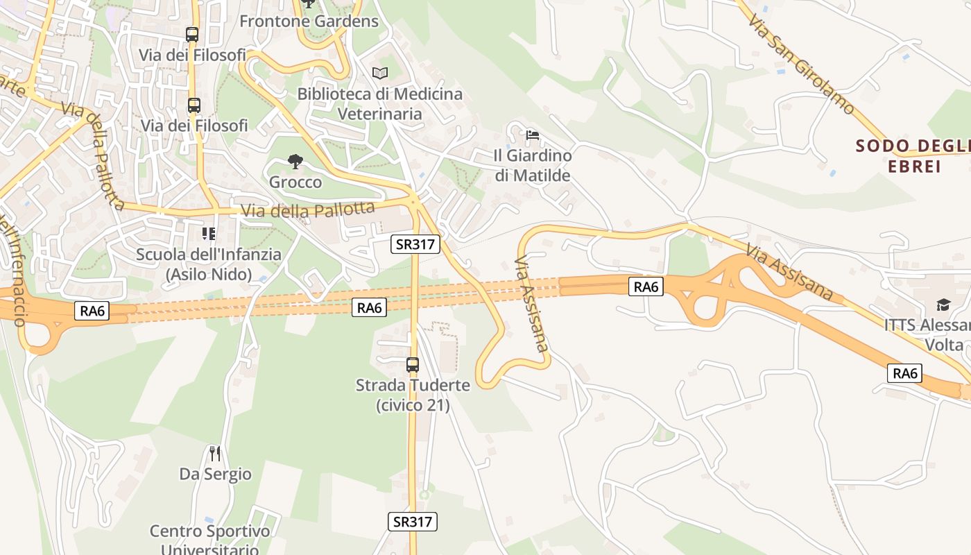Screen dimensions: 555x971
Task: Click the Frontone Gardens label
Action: [309, 21]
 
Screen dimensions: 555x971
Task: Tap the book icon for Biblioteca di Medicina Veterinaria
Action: [379, 73]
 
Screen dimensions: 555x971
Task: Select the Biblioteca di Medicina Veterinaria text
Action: [379, 103]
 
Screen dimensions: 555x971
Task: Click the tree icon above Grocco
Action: [295, 162]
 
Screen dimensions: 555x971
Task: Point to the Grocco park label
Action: [295, 182]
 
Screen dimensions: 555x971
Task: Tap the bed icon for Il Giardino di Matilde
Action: [533, 135]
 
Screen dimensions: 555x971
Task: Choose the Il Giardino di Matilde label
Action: [533, 165]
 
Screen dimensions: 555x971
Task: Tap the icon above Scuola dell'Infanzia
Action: [209, 234]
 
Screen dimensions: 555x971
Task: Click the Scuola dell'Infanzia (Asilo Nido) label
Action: [209, 264]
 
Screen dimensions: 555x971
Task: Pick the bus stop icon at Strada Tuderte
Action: [413, 364]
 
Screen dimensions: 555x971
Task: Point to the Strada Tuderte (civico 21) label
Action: [413, 395]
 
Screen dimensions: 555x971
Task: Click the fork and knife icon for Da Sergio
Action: [215, 454]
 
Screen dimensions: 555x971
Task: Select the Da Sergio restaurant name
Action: [215, 475]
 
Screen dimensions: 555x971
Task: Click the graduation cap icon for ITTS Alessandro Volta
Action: [943, 305]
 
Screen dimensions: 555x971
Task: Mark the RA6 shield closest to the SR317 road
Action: [369, 308]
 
